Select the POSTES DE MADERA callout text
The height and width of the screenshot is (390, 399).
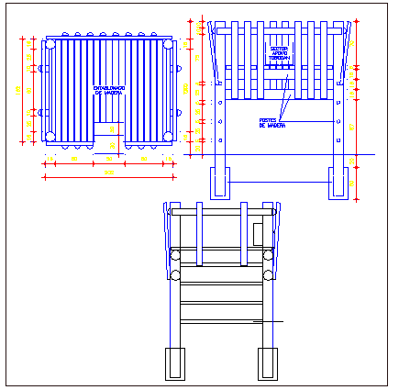click(272, 122)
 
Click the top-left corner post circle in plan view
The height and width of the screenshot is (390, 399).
click(50, 43)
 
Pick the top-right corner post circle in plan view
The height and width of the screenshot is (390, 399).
click(168, 43)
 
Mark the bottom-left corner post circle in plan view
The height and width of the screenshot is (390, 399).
click(50, 136)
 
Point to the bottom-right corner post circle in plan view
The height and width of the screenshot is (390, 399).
click(168, 136)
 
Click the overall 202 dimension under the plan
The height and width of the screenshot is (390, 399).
click(108, 173)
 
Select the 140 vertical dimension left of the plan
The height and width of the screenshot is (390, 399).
click(19, 89)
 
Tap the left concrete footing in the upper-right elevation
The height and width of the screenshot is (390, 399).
click(220, 184)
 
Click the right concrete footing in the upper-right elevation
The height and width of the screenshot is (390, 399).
click(339, 184)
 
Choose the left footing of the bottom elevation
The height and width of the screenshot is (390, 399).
click(174, 363)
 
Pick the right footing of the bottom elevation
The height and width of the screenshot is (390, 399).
click(268, 363)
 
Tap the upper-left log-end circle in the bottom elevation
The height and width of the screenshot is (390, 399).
click(175, 254)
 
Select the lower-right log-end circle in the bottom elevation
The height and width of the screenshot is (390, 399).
click(269, 274)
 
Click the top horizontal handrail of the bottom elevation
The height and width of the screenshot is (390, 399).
click(221, 211)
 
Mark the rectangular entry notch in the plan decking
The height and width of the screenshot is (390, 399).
click(109, 134)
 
